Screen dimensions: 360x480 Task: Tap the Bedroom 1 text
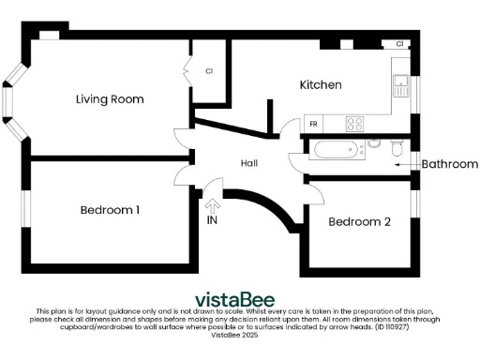tap(110, 210)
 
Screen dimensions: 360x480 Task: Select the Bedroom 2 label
tap(359, 222)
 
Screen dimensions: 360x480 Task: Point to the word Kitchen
tap(320, 85)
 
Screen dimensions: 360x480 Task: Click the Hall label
tap(248, 163)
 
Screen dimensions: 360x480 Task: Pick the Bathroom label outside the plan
tap(449, 164)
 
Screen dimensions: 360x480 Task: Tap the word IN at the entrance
tap(212, 221)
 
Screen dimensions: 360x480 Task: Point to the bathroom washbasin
tap(373, 143)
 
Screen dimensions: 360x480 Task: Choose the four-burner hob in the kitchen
tap(355, 123)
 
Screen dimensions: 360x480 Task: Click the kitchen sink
tap(400, 84)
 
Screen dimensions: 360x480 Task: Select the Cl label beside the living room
tap(209, 70)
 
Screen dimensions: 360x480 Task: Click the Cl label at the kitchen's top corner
tap(400, 44)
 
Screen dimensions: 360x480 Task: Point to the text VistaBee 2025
tap(233, 334)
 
